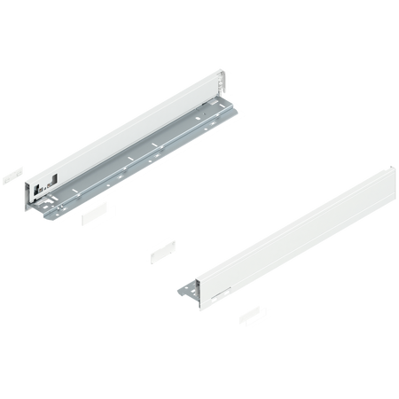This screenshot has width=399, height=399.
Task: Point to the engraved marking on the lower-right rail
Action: point(223,289)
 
